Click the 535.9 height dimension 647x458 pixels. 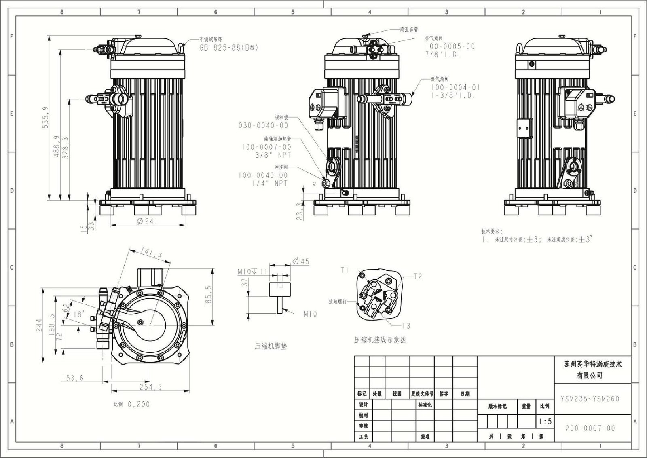click(x=45, y=117)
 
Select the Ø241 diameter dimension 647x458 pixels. click(x=147, y=221)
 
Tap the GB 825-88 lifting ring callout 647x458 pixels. click(x=228, y=47)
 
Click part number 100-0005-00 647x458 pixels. click(x=450, y=46)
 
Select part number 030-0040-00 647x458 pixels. click(x=263, y=125)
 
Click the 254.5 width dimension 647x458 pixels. click(x=150, y=387)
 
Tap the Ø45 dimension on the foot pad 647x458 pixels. click(x=300, y=261)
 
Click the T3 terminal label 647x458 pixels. click(x=406, y=326)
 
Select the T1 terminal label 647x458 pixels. click(x=345, y=270)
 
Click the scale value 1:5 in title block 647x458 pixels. click(x=545, y=422)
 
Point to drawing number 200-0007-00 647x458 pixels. click(x=590, y=428)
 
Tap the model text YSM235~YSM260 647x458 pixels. click(x=590, y=399)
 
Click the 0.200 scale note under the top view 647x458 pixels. click(x=138, y=404)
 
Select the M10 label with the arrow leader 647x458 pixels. click(x=310, y=314)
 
